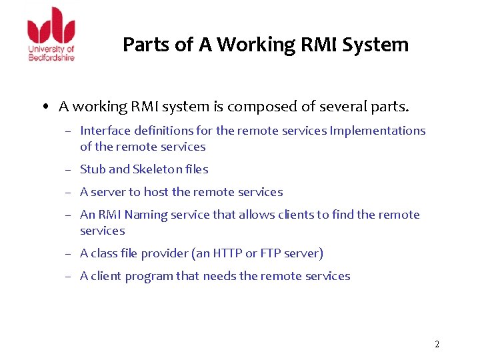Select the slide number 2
pos(437,345)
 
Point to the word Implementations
pos(377,131)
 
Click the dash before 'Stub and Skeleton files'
pos(69,170)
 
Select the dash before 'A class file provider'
pos(69,254)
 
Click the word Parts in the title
pos(144,45)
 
